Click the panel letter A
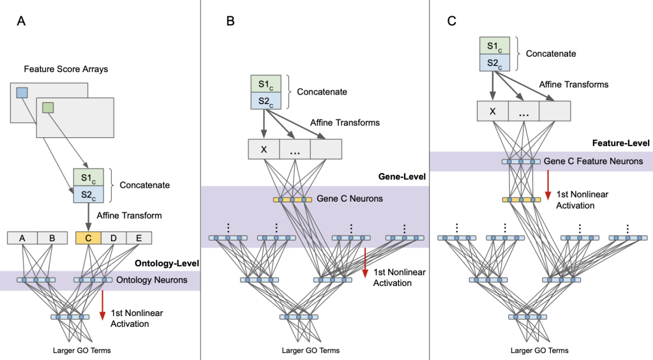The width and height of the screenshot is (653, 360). point(21,21)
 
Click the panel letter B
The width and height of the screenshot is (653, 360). point(230,21)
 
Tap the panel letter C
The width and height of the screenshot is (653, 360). point(451,21)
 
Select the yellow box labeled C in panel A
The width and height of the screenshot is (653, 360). point(88,238)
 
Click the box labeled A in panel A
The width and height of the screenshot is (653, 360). point(22,238)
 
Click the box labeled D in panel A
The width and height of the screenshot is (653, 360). point(114,238)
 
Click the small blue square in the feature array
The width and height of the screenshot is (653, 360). point(22,93)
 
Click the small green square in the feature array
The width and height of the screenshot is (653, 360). point(49,109)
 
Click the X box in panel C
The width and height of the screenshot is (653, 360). point(492,111)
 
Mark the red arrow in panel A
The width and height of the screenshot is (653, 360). point(102,305)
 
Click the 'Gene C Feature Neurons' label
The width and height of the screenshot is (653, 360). point(594,161)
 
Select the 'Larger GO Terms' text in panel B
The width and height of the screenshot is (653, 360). point(310,350)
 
